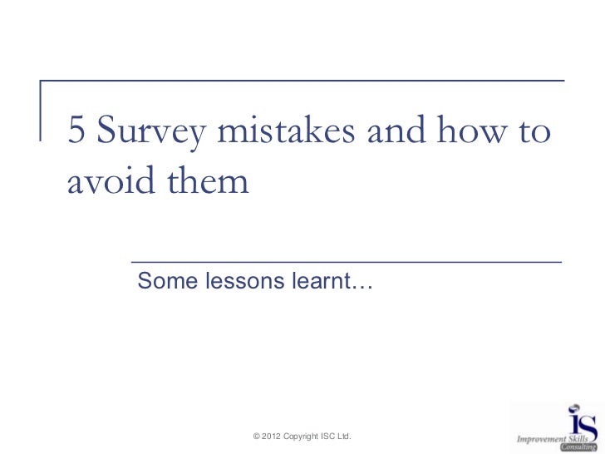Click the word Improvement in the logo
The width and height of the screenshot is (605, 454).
tap(542, 438)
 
